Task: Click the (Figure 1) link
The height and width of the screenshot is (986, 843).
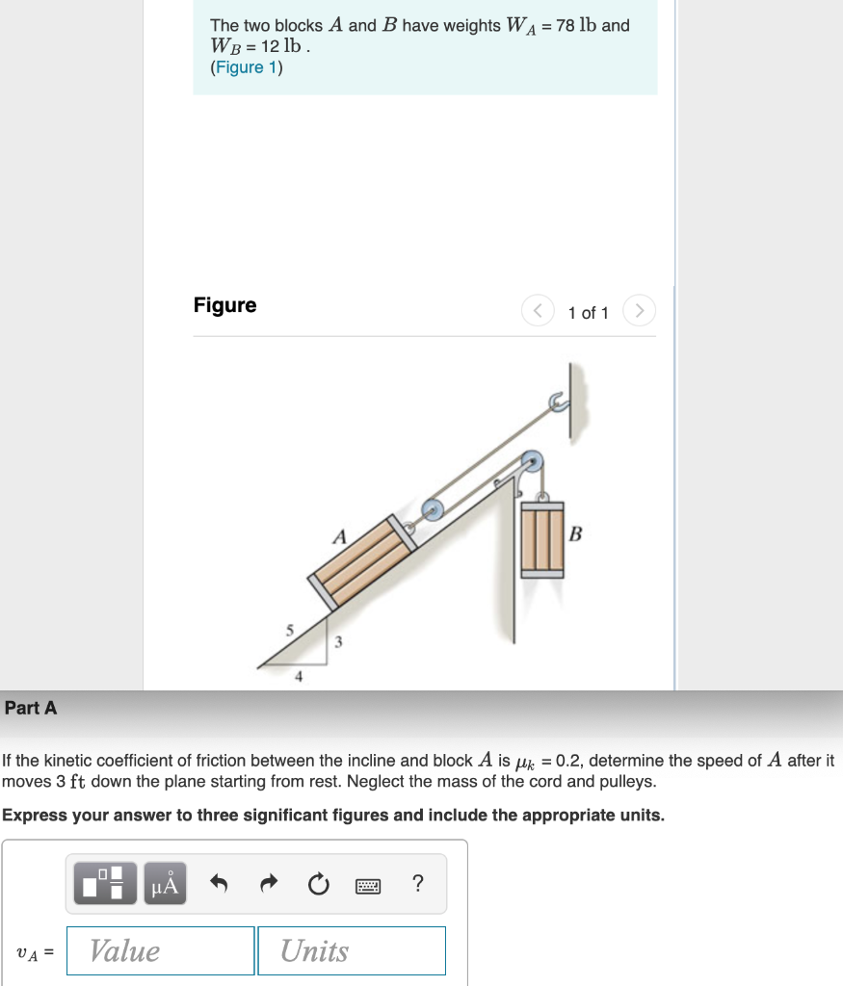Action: click(x=246, y=67)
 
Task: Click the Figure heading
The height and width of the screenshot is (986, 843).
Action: click(x=224, y=305)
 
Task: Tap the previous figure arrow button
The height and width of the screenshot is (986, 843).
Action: click(x=538, y=311)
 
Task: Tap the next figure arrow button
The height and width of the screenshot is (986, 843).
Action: click(x=641, y=311)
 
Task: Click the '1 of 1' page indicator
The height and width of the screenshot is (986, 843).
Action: click(x=588, y=313)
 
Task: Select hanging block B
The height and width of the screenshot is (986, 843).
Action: click(x=541, y=538)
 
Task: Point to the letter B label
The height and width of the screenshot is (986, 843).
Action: click(x=576, y=533)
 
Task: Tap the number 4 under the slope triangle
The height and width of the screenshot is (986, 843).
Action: click(x=299, y=677)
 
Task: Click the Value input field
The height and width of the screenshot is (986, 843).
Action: click(x=160, y=950)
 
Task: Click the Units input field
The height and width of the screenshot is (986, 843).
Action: click(x=352, y=950)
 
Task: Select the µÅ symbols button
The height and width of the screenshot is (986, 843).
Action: click(x=166, y=884)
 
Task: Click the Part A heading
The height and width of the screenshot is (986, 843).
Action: click(x=31, y=708)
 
